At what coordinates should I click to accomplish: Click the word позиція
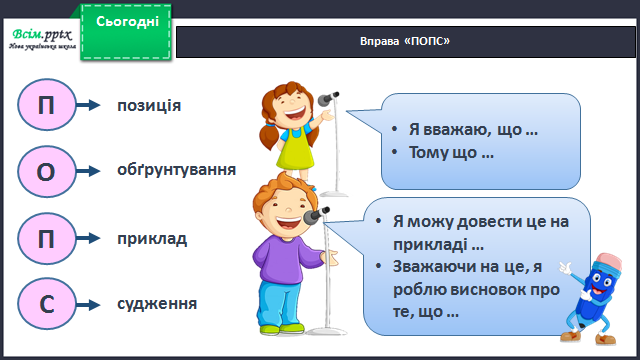point(149,106)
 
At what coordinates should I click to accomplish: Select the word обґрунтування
point(176,170)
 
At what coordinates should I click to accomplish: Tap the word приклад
point(152,239)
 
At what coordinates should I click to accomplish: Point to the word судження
point(157,304)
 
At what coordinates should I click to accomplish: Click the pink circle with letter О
point(47,171)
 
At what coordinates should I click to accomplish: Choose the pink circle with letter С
point(47,304)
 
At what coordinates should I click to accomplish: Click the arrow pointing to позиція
point(88,105)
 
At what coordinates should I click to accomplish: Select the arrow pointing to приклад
point(88,238)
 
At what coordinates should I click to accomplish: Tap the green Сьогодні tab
point(126,32)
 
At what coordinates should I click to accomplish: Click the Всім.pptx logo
point(42,39)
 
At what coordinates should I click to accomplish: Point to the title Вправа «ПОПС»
point(405,41)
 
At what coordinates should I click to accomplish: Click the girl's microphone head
point(328,98)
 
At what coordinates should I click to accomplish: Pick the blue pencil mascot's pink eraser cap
point(609,262)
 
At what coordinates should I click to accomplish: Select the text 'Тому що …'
point(451,153)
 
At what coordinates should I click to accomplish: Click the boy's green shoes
point(282,329)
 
